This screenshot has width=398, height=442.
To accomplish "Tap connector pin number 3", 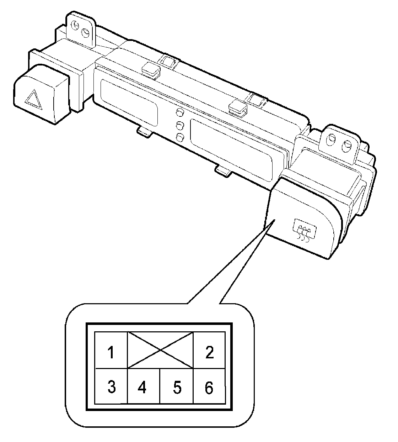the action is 111,387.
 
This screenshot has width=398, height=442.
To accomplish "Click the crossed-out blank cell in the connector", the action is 161,350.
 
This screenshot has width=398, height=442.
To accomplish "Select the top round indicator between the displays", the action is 180,113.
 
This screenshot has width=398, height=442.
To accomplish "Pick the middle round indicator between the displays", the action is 181,125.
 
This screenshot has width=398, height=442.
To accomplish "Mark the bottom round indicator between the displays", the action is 181,137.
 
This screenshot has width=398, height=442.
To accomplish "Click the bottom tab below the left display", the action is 145,133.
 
